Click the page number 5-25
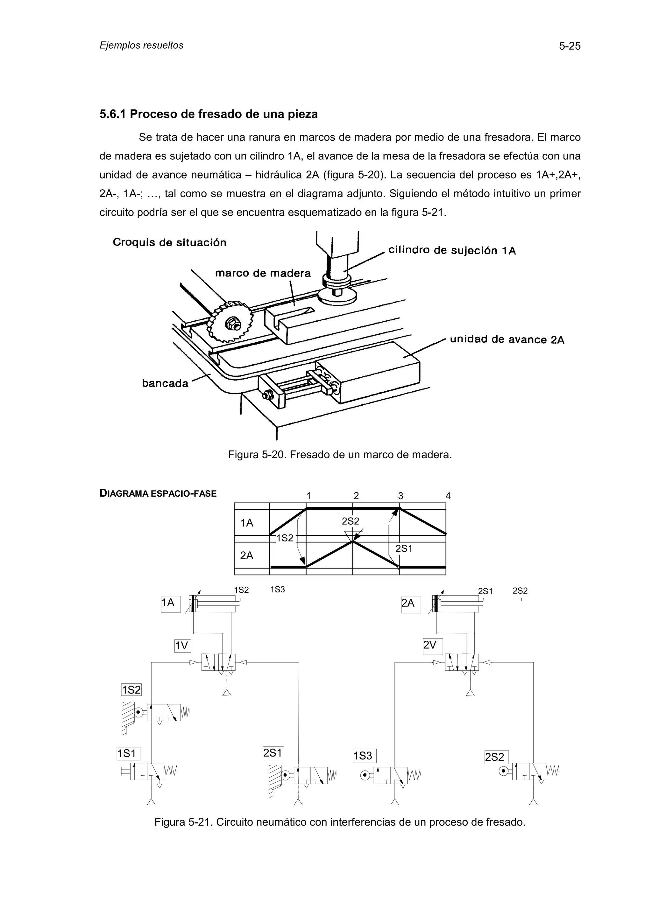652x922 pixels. pos(570,46)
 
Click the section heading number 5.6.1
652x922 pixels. pos(112,115)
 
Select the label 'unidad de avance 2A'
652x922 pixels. pos(507,340)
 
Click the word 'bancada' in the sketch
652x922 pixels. pos(165,383)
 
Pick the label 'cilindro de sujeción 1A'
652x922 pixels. pos(452,251)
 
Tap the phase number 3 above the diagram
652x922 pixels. pos(400,496)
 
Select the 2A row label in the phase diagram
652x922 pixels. pos(247,556)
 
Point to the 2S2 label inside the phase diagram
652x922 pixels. pos(350,521)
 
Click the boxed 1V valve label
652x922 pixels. pos(182,646)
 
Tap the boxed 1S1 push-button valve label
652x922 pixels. pos(127,754)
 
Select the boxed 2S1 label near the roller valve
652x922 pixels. pos(273,753)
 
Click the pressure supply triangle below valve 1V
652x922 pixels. pos(227,692)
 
